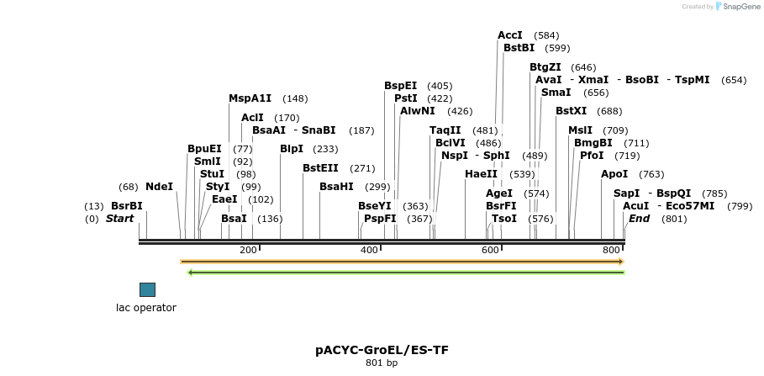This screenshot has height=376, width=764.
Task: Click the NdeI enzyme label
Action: tap(159, 187)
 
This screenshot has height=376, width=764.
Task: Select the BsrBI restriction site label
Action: tap(127, 206)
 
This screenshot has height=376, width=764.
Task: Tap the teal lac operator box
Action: tap(147, 289)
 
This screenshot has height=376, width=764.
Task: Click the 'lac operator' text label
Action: tap(146, 308)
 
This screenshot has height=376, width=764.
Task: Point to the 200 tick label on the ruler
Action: tap(248, 251)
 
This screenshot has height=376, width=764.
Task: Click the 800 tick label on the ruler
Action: tap(611, 251)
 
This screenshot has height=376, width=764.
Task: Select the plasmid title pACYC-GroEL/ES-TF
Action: tap(382, 349)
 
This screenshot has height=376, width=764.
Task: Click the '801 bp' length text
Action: tap(382, 363)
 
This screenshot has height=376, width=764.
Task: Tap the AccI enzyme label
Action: tap(510, 35)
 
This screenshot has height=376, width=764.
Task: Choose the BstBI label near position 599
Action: tap(519, 48)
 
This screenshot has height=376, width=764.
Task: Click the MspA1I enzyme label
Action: tap(250, 98)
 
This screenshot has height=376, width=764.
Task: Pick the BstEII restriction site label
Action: tap(320, 168)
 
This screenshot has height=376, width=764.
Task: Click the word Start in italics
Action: tap(119, 219)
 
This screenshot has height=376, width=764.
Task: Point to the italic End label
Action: tap(639, 219)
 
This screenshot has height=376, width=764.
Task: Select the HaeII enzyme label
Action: tap(482, 174)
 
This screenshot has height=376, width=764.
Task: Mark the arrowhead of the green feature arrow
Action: tap(191, 273)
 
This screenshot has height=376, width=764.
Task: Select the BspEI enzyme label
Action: tap(401, 86)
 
